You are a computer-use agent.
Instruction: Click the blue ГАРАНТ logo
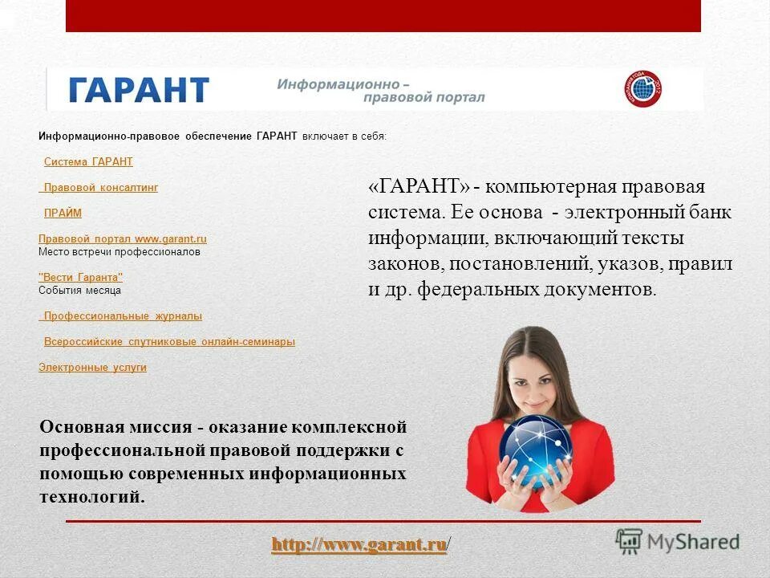(x=139, y=89)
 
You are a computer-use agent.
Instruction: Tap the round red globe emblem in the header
(x=643, y=89)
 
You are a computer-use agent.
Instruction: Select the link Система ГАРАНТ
(x=88, y=162)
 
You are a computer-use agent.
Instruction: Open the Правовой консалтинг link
(x=100, y=188)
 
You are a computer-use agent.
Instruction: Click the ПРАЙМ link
(x=63, y=214)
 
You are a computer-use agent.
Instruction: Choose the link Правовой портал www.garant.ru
(x=123, y=239)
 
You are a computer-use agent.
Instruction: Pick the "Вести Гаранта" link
(x=81, y=278)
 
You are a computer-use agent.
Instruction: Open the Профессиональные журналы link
(x=122, y=316)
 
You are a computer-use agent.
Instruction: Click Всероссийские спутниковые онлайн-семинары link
(x=169, y=342)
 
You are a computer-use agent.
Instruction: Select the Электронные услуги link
(x=92, y=368)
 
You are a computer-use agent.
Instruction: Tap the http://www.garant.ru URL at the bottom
(x=359, y=546)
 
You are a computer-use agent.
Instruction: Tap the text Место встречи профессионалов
(x=120, y=252)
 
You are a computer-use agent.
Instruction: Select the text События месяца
(x=79, y=291)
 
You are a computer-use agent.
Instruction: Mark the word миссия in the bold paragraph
(x=160, y=426)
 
